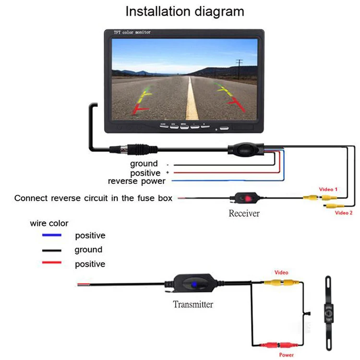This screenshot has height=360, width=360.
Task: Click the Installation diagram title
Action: pos(185,11)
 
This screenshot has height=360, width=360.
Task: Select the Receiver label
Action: pos(244,213)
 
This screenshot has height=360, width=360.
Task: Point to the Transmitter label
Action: pos(193,304)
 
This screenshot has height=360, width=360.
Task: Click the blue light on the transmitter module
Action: pos(194,285)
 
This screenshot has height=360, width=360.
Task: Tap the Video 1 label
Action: pos(328,189)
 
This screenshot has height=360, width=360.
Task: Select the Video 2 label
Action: pos(344,213)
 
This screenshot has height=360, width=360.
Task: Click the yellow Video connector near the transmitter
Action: pos(281,283)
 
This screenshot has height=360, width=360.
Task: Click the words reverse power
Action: pos(136,181)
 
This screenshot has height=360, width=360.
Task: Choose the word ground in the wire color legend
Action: pos(88,250)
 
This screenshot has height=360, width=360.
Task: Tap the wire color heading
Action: pos(49,223)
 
